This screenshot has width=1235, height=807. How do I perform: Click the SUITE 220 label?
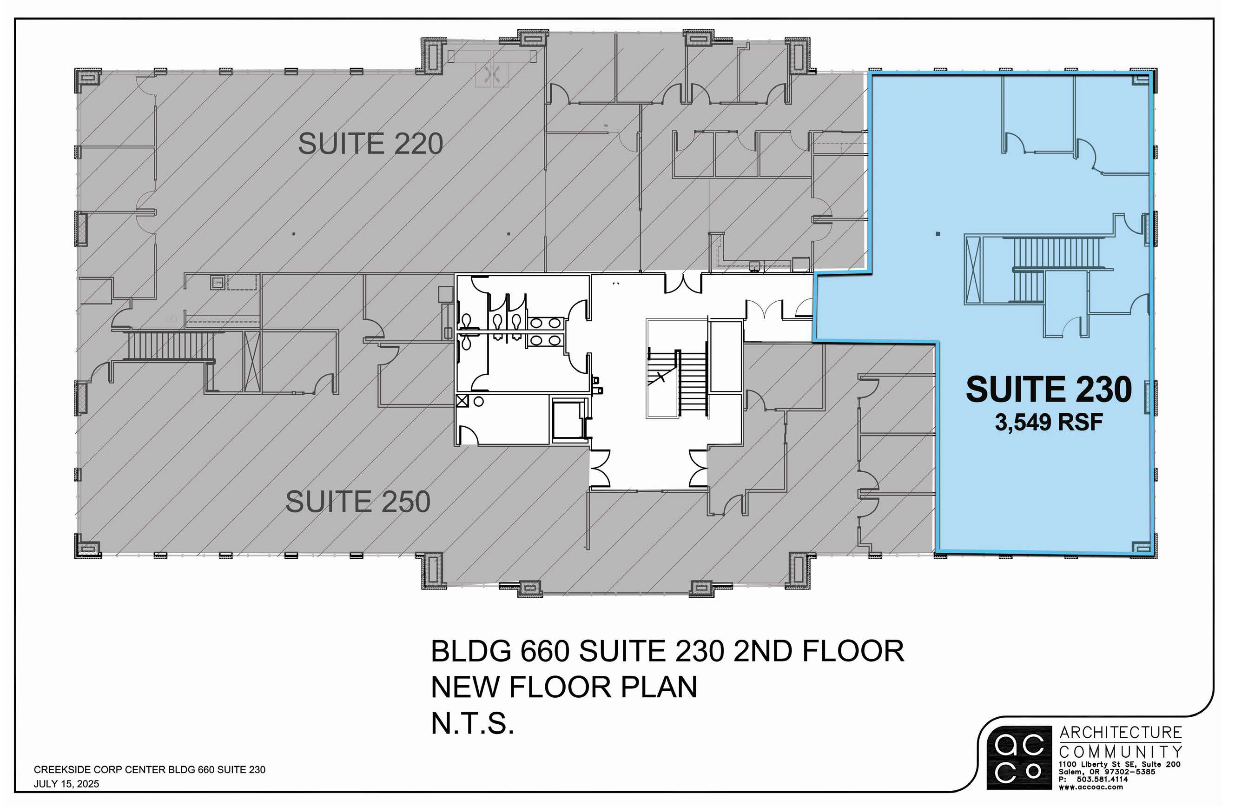(x=370, y=144)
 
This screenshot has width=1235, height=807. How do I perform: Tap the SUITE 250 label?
(x=357, y=502)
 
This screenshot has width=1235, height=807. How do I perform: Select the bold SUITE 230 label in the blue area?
(x=1048, y=390)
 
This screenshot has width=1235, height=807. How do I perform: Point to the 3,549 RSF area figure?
(x=1048, y=423)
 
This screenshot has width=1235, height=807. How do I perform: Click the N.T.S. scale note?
(x=472, y=723)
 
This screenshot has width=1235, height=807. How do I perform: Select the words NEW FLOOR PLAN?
(x=564, y=687)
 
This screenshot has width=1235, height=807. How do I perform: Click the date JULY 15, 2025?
(x=66, y=784)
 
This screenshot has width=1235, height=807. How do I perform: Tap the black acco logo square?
(x=1018, y=757)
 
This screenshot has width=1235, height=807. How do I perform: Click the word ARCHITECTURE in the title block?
(x=1120, y=733)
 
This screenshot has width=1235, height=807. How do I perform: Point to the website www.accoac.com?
(x=1090, y=787)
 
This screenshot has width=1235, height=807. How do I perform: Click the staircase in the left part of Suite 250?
(x=171, y=346)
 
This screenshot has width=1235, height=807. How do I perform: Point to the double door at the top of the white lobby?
(x=683, y=284)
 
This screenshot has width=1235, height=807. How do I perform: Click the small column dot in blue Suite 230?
(x=938, y=234)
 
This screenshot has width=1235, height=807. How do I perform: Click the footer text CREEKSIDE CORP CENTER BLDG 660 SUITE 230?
(x=150, y=770)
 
